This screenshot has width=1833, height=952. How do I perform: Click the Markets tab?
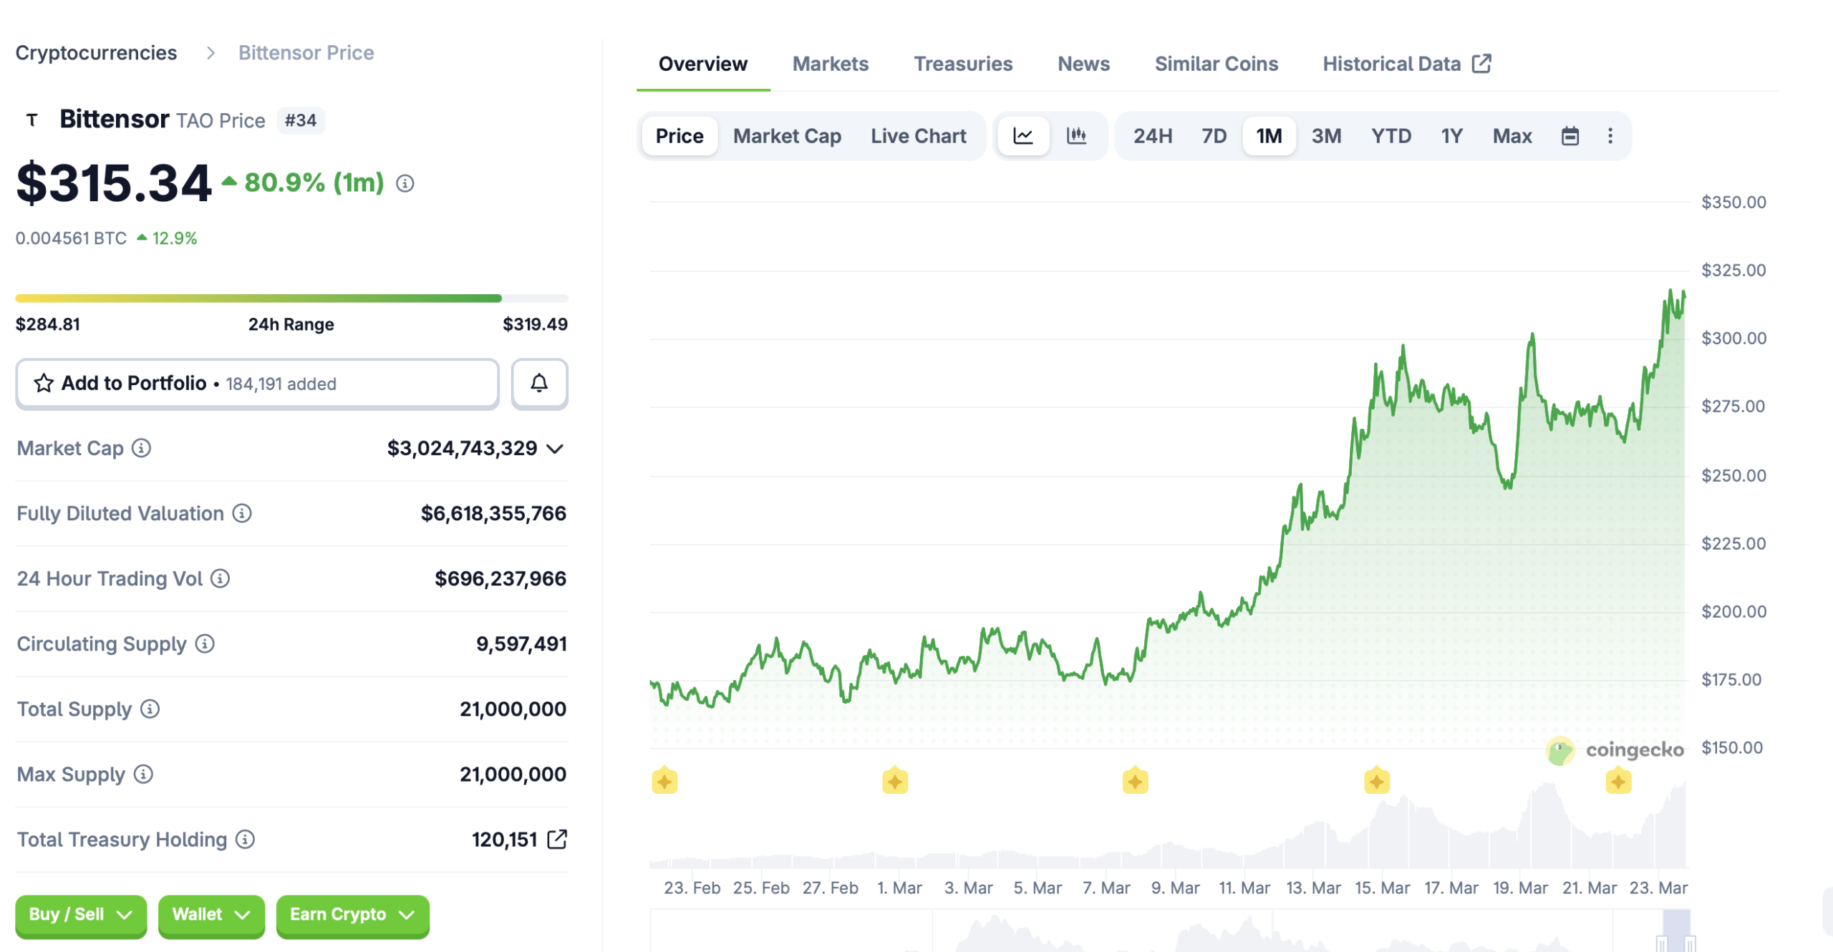(x=830, y=64)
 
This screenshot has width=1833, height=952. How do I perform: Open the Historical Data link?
(x=1406, y=64)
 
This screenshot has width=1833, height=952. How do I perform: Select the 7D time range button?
(x=1214, y=136)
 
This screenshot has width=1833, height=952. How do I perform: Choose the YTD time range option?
(x=1391, y=136)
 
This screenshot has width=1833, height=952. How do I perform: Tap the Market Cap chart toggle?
(x=787, y=136)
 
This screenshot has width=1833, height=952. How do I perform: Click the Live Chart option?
(x=918, y=136)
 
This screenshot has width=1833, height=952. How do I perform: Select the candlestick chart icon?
(x=1076, y=136)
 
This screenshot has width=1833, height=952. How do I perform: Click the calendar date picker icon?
(x=1570, y=136)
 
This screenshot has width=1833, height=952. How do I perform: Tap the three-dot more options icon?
(x=1610, y=136)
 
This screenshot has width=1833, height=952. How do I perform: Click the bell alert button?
(x=539, y=384)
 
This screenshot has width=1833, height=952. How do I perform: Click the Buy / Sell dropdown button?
(x=80, y=915)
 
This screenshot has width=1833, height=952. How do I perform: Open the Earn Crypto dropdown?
(x=352, y=915)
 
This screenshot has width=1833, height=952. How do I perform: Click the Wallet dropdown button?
(x=211, y=915)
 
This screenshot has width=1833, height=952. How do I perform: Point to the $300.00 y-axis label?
(x=1733, y=339)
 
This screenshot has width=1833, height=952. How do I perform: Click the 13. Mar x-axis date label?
(x=1313, y=888)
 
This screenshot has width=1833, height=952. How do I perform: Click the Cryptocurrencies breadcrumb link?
(x=96, y=53)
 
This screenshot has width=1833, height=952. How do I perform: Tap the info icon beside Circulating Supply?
(x=205, y=644)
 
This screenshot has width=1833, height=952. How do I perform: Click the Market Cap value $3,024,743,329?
(x=462, y=449)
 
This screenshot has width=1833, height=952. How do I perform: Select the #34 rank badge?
(x=301, y=120)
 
